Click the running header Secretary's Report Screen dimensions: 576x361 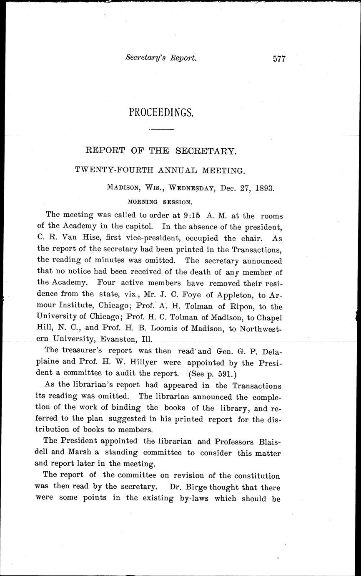pos(160,58)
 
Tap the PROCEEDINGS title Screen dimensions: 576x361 pos(161,112)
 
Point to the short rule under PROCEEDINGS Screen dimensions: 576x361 pos(161,130)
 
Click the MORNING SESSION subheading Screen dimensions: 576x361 pos(160,201)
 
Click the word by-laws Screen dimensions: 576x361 pos(188,498)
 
